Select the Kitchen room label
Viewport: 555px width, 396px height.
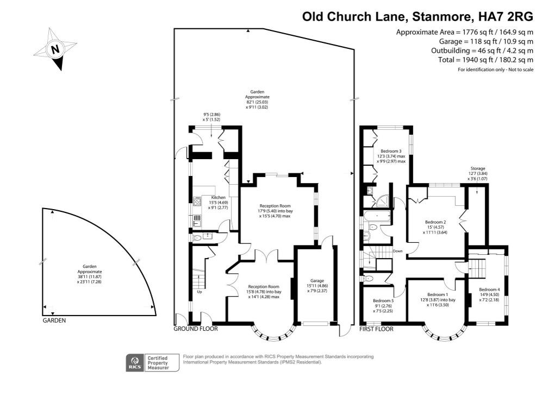[218, 197]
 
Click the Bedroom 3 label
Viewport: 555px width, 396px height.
[391, 151]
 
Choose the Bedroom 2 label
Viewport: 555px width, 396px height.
[435, 222]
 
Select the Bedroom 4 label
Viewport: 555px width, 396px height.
[489, 290]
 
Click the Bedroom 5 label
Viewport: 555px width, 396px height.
[384, 300]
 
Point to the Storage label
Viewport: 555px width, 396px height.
[478, 169]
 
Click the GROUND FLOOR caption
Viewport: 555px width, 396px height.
[196, 329]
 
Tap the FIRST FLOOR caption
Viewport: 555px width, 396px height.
[376, 329]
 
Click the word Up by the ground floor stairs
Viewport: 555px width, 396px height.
[199, 292]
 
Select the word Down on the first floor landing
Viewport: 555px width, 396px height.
[397, 251]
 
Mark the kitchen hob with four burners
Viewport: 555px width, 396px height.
[197, 201]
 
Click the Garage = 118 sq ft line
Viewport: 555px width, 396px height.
[486, 41]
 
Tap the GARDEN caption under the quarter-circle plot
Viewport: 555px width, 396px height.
[54, 320]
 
